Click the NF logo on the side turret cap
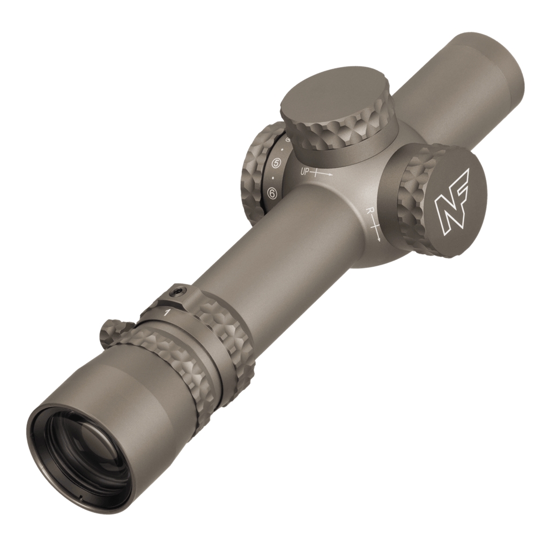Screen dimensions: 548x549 pos(451,202)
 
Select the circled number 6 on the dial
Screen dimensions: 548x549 pos(272,193)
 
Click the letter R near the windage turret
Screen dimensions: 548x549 pos(368,211)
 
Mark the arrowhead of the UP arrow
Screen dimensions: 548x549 pos(331,175)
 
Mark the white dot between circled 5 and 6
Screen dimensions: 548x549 pos(273,178)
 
